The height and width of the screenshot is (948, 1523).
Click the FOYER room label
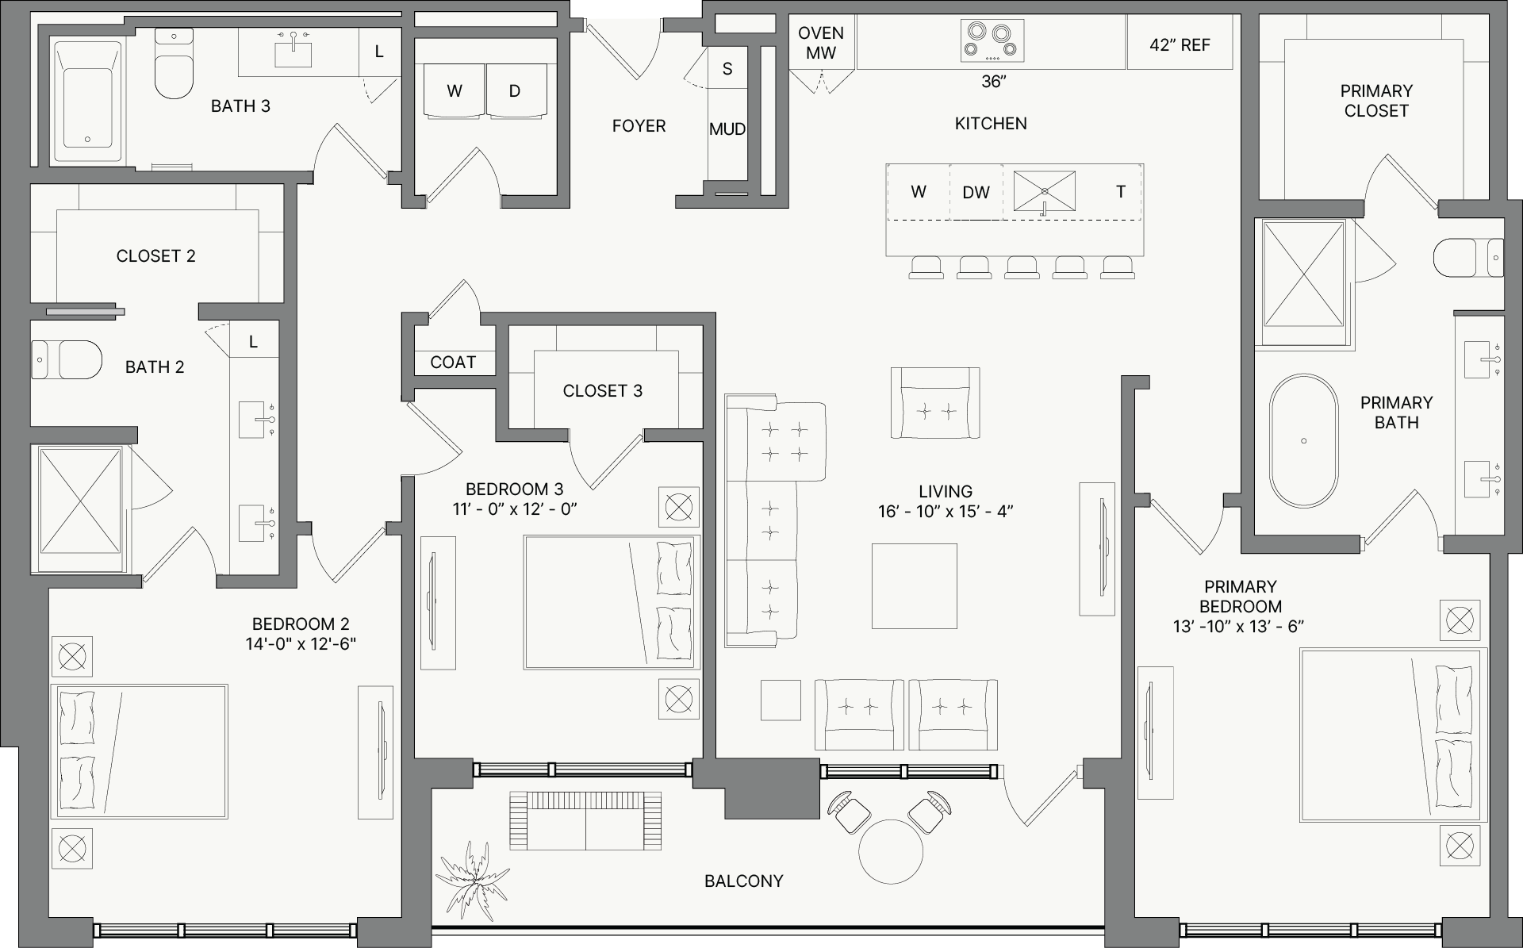(x=639, y=126)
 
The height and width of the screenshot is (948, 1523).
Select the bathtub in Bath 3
(x=86, y=103)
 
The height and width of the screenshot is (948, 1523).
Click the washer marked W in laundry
(x=455, y=91)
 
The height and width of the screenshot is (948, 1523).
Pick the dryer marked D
(x=516, y=91)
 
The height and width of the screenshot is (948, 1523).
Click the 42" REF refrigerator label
(x=1180, y=45)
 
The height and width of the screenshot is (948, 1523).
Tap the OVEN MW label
(x=821, y=44)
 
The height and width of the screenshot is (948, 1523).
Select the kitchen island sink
(x=1045, y=192)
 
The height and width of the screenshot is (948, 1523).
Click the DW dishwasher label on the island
(x=976, y=193)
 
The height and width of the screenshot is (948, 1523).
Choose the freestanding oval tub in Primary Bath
(x=1303, y=441)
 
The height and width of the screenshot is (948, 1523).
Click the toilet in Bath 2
(x=67, y=360)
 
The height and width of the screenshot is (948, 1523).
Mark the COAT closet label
(x=453, y=363)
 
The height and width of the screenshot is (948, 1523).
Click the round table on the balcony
(x=891, y=851)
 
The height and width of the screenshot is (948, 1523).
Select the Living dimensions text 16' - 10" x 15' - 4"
(x=946, y=512)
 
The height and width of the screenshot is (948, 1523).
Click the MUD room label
(x=727, y=129)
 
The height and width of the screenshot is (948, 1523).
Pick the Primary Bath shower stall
(x=1303, y=274)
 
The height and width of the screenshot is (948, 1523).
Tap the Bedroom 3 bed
(x=612, y=602)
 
